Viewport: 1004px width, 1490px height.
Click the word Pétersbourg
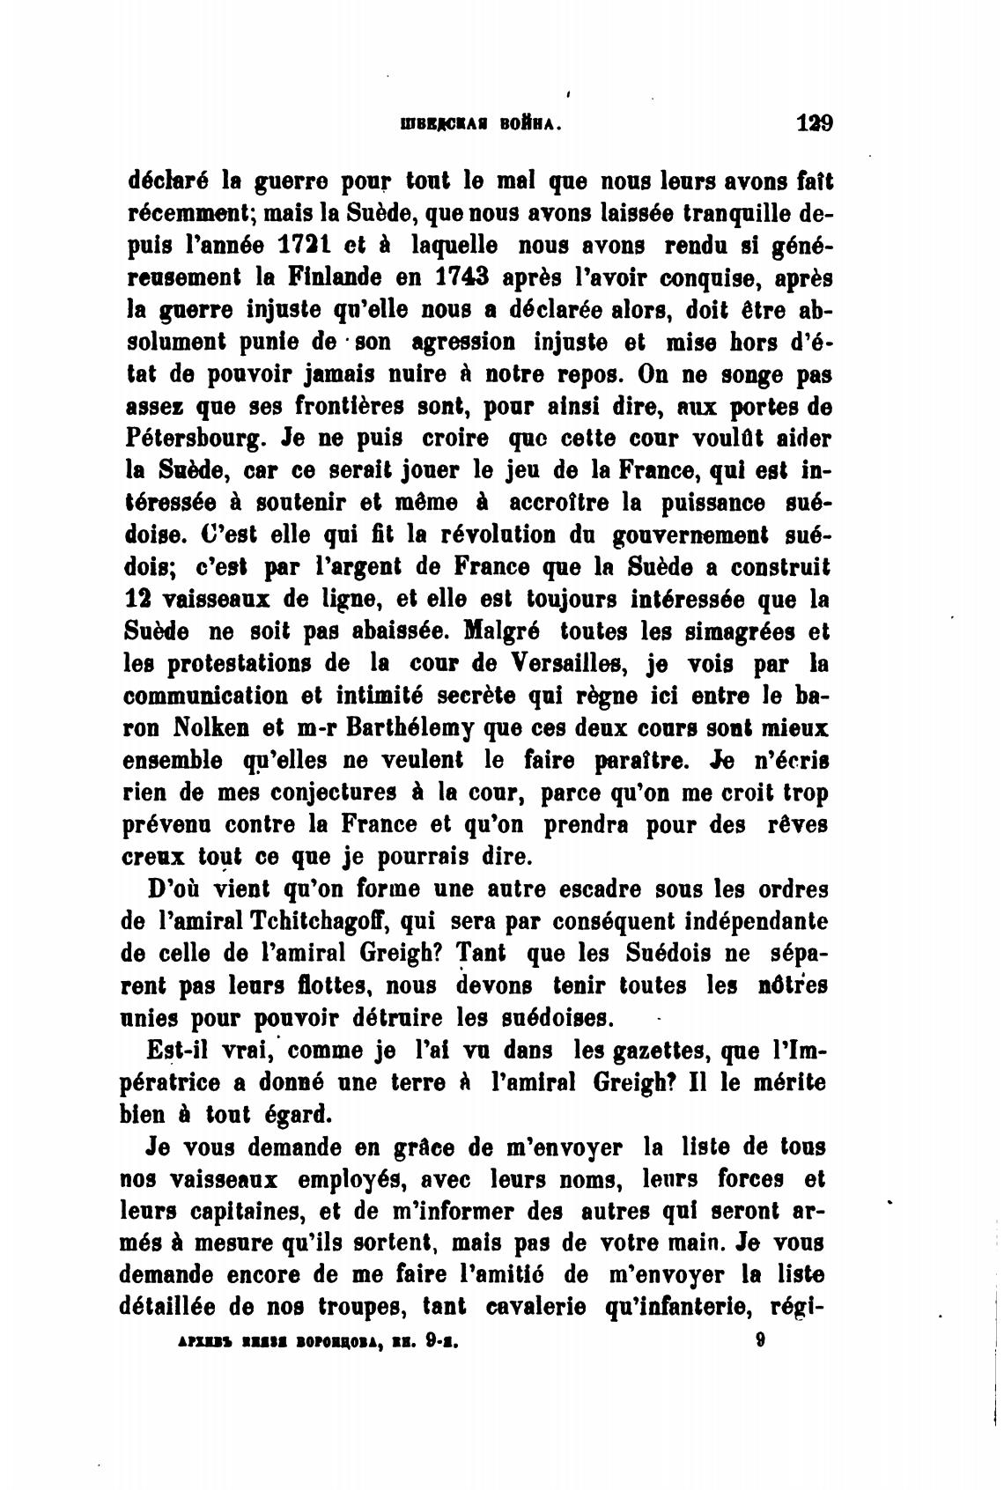(x=195, y=438)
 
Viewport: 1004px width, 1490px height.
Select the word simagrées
(x=736, y=631)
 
